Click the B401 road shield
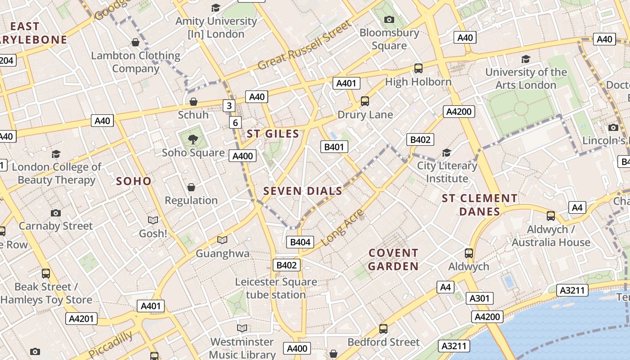click(334, 146)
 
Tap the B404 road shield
click(300, 242)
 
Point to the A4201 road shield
click(81, 319)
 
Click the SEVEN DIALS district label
click(303, 191)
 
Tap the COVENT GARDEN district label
click(394, 260)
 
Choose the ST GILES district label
click(273, 134)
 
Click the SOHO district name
click(134, 181)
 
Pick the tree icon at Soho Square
click(193, 139)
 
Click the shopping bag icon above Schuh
click(193, 102)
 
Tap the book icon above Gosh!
click(153, 220)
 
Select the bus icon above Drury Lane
click(365, 101)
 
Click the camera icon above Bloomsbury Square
click(389, 19)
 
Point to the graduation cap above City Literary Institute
click(446, 153)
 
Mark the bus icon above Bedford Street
click(383, 329)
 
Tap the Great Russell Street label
click(304, 45)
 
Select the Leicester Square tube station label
click(276, 288)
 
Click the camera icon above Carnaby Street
click(56, 212)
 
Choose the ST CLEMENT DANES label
click(480, 205)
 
